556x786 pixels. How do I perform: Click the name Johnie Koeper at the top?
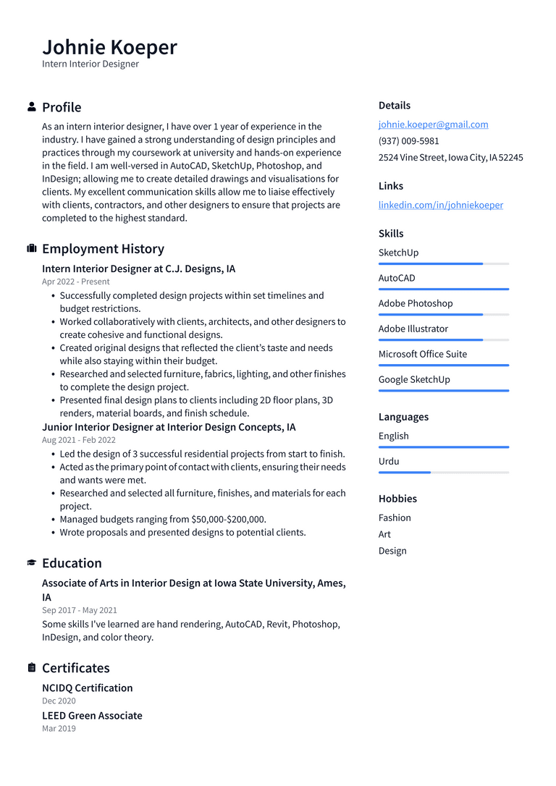109,47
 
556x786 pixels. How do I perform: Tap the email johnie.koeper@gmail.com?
433,124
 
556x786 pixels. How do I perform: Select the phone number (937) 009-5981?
408,141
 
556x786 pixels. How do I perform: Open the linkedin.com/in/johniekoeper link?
440,205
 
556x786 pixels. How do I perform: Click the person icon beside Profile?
31,107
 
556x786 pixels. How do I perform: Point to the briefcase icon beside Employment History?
31,249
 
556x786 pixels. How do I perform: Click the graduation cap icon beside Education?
31,563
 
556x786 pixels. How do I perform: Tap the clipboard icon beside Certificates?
31,668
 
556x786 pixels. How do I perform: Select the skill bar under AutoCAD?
443,290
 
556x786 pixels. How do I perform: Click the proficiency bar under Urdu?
443,473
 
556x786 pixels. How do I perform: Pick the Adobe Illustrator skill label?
413,329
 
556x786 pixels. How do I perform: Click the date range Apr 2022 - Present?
76,282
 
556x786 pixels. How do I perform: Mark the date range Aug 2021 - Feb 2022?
78,440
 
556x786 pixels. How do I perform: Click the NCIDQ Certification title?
87,688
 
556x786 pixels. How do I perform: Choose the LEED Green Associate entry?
92,716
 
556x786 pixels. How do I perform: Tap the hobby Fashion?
395,517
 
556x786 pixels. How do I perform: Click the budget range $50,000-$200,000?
228,519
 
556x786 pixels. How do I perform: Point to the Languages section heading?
403,417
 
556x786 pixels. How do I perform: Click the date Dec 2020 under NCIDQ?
59,701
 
